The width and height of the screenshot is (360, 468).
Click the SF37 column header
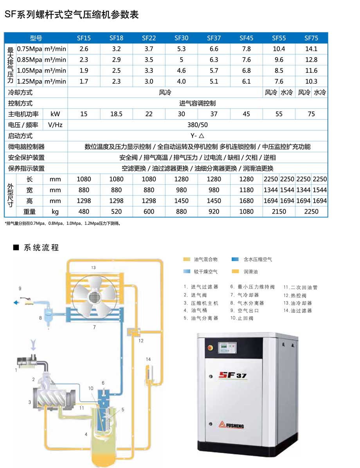[214, 38]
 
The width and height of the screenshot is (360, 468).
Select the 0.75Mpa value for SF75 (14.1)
[311, 49]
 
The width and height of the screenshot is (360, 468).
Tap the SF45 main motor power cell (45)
[246, 114]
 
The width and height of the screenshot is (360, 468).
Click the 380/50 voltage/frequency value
[198, 125]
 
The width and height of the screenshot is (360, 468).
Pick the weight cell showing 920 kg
[214, 211]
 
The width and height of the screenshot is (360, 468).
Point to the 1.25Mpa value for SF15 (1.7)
[84, 81]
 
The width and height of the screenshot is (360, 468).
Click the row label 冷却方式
[20, 92]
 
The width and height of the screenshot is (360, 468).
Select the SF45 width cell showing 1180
[246, 190]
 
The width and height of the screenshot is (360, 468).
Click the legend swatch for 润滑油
[235, 271]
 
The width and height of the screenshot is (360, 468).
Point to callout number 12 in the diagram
[141, 341]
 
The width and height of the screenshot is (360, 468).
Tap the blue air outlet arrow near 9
[16, 302]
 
